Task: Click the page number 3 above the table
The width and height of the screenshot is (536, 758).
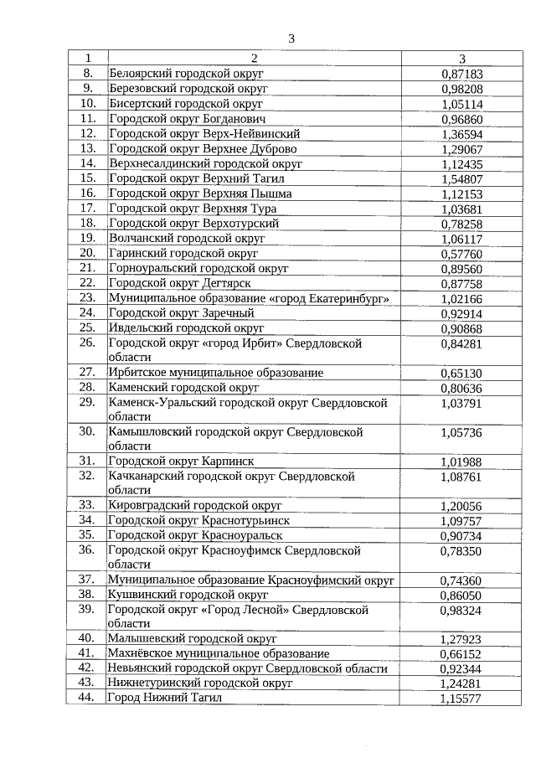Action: [291, 39]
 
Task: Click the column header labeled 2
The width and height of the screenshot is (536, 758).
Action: [255, 59]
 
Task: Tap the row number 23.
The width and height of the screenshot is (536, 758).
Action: [86, 298]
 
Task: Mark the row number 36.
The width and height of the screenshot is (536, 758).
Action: [86, 550]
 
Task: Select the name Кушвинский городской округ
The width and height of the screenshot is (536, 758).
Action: [188, 594]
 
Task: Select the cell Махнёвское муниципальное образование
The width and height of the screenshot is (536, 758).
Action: [219, 653]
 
